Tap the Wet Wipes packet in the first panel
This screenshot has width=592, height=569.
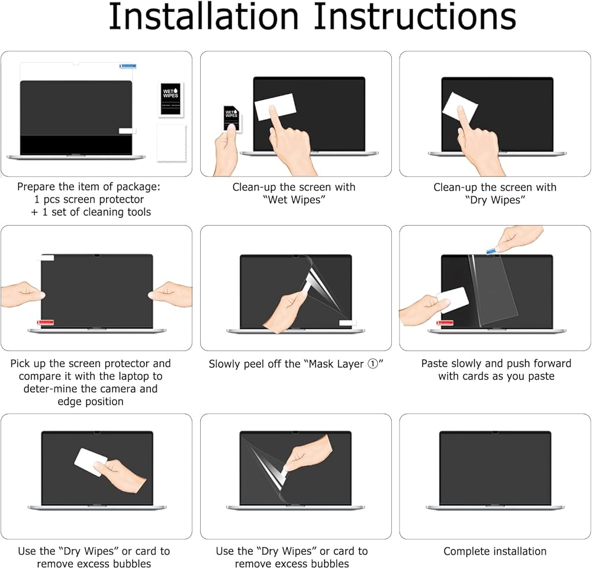(170, 99)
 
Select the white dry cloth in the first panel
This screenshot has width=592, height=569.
(172, 143)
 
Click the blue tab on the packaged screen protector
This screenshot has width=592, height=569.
(128, 66)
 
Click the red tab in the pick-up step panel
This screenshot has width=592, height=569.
(45, 323)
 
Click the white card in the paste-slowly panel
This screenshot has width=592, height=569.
(453, 300)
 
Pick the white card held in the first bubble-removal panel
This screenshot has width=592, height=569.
(91, 462)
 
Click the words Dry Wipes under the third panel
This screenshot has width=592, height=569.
(495, 200)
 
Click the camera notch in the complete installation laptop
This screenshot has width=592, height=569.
(495, 432)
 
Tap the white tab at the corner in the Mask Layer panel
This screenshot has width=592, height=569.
(348, 323)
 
